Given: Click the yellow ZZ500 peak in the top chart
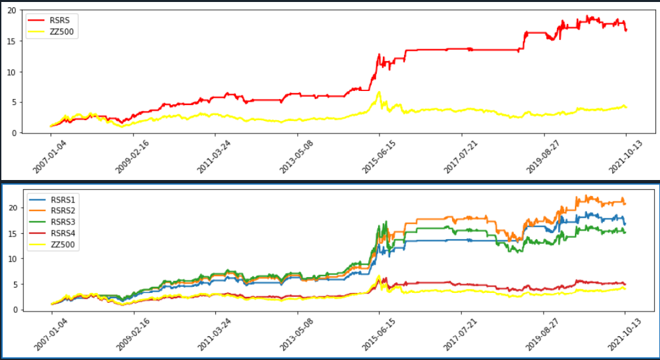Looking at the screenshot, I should (x=379, y=92).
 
